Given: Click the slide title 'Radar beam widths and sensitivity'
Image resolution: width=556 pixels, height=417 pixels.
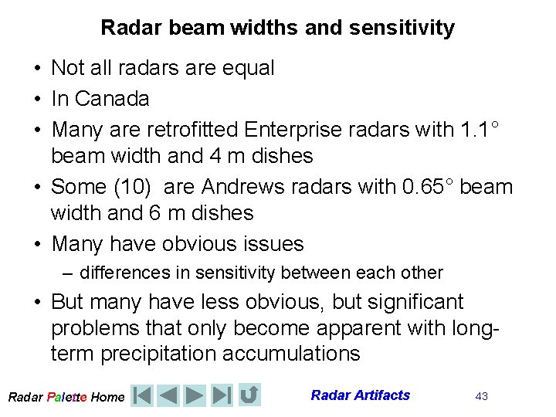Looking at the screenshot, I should pyautogui.click(x=277, y=29).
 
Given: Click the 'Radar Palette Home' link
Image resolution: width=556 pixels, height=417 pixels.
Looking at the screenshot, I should pyautogui.click(x=66, y=397).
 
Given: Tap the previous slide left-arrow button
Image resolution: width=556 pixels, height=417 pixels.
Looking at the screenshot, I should pyautogui.click(x=168, y=395).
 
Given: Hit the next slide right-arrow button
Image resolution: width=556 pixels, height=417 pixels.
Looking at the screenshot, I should pyautogui.click(x=195, y=395).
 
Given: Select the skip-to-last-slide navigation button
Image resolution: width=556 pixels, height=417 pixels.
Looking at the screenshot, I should pyautogui.click(x=222, y=395).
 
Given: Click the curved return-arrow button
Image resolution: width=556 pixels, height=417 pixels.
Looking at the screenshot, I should pyautogui.click(x=249, y=395).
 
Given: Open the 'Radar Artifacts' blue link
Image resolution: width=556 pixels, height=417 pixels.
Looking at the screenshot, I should pyautogui.click(x=360, y=395).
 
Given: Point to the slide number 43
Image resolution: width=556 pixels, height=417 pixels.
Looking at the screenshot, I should pyautogui.click(x=481, y=396).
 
